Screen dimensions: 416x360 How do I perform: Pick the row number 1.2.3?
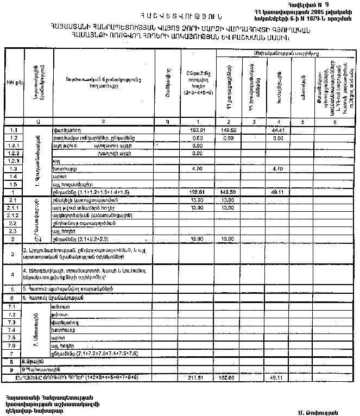click(x=14, y=161)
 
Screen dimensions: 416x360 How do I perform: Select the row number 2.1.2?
click(x=14, y=216)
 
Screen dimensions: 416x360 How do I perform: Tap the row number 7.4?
click(x=14, y=330)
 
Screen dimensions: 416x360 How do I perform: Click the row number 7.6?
click(x=14, y=345)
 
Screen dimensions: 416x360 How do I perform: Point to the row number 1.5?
click(x=14, y=184)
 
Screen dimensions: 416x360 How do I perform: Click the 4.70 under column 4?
click(x=277, y=169)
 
